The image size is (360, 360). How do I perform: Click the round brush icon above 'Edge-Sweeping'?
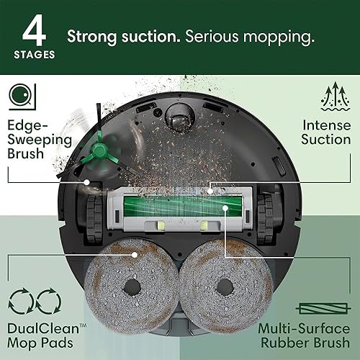pos(22,95)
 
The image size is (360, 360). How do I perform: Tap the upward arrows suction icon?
pos(336,95)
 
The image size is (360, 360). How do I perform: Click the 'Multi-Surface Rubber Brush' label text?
pos(310,335)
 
